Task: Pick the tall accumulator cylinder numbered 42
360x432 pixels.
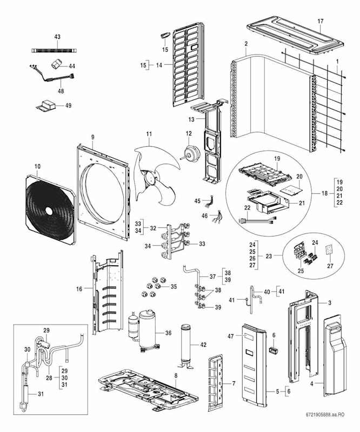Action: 186,346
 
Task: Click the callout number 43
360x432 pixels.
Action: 57,37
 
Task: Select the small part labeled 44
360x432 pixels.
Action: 55,63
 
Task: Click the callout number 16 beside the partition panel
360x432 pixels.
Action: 79,289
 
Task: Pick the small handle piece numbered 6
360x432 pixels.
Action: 273,350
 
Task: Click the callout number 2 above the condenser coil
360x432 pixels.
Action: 246,43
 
